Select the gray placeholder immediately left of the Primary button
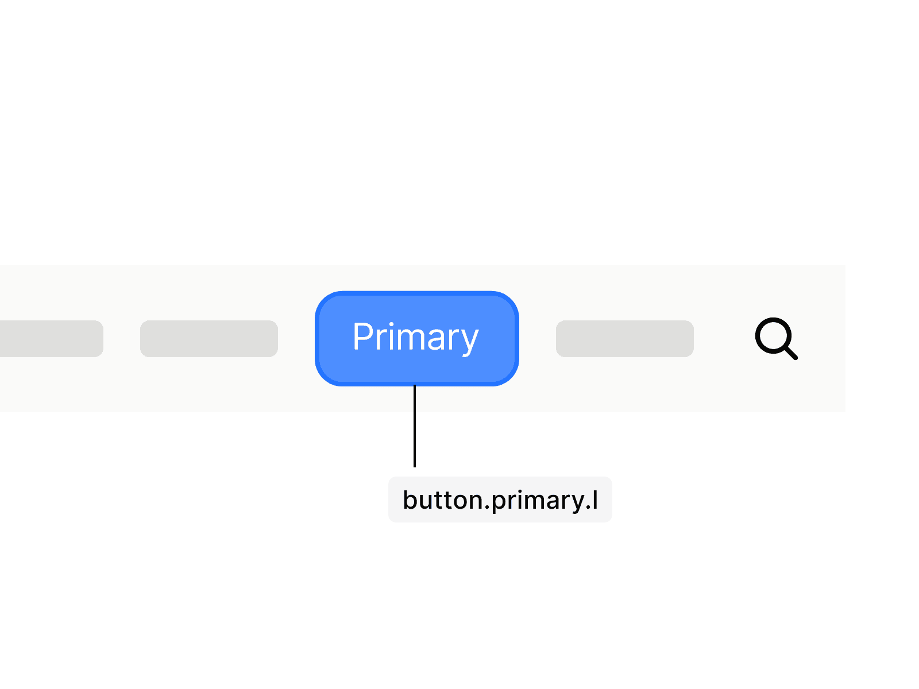(x=209, y=339)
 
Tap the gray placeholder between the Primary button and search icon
(x=625, y=339)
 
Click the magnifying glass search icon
(x=776, y=338)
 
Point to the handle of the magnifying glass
(x=791, y=353)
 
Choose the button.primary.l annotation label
(x=500, y=500)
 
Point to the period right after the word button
(x=487, y=508)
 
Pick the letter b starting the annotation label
(x=410, y=500)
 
